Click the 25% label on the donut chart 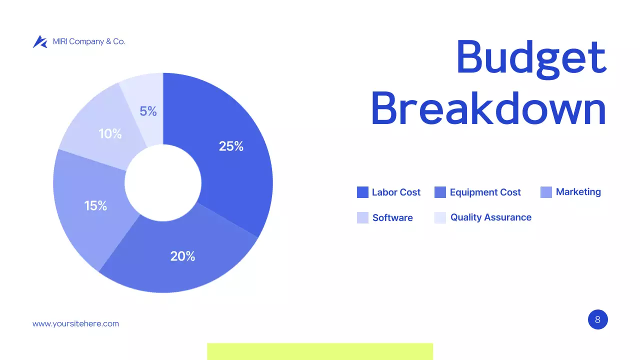231,146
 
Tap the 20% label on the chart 182,256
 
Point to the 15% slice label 95,205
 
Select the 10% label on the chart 110,134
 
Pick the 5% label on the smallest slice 148,111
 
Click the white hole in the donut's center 163,183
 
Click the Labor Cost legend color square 362,192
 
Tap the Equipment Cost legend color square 440,192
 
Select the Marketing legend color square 546,192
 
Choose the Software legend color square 362,217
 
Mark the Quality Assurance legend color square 440,217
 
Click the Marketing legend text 578,192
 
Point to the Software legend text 392,218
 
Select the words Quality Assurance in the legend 490,217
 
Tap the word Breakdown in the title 488,108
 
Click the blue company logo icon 40,41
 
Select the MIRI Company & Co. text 89,41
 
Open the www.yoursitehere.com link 75,323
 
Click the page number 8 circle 597,319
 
